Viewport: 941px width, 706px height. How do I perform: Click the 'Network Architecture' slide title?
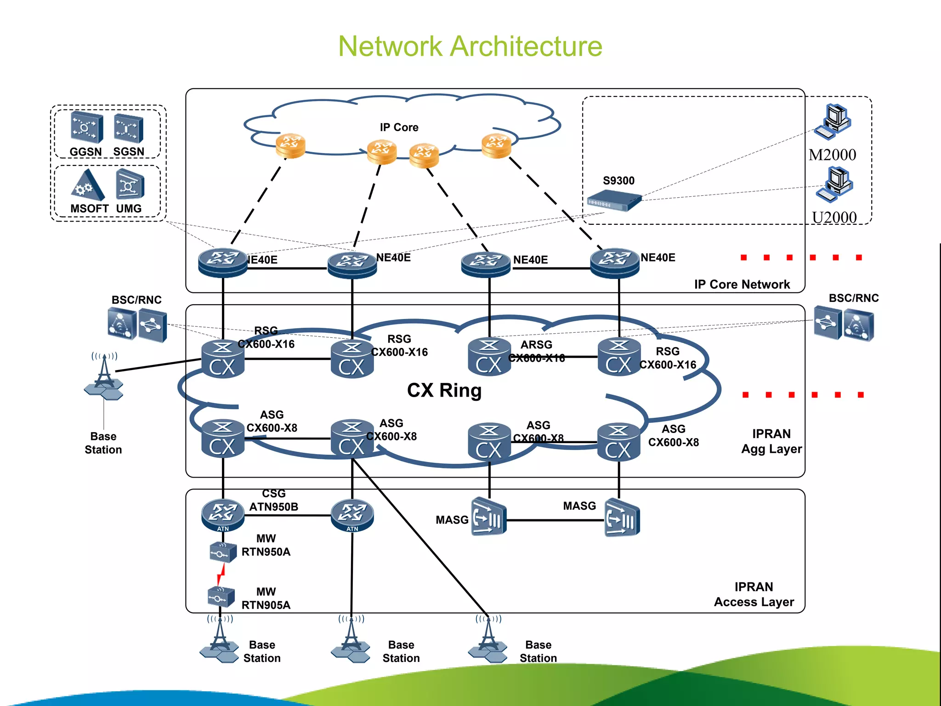[x=470, y=46]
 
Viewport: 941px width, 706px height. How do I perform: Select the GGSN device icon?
[x=86, y=127]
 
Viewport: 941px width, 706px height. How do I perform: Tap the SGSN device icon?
[x=129, y=128]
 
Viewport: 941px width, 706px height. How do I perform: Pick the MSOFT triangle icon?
[x=87, y=185]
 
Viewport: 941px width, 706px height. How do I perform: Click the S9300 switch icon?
[x=614, y=201]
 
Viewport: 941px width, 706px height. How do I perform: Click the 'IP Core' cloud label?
[x=399, y=127]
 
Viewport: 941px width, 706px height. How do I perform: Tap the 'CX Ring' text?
[x=444, y=390]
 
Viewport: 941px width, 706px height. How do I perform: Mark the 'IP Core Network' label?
[x=742, y=285]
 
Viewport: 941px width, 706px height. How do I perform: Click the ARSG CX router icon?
[x=489, y=357]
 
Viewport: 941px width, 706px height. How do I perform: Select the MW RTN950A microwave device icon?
[x=223, y=552]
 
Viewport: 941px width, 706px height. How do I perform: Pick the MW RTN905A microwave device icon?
[x=221, y=597]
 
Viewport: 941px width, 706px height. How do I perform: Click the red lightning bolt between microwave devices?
[x=221, y=575]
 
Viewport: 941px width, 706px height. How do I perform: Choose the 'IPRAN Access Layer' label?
[x=754, y=594]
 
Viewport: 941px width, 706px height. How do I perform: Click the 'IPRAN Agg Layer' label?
[x=771, y=441]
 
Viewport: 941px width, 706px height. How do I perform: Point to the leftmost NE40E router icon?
[x=223, y=262]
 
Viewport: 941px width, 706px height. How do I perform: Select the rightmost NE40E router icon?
[x=614, y=262]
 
